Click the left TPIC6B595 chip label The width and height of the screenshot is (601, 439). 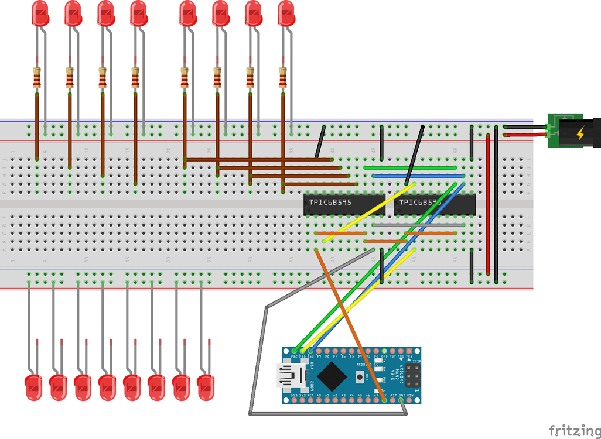(330, 203)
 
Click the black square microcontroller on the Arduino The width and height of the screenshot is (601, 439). (332, 375)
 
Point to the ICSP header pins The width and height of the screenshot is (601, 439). (413, 375)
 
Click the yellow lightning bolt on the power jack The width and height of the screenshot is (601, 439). (580, 133)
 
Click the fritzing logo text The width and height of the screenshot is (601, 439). (574, 431)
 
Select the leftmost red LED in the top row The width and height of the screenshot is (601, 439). (40, 14)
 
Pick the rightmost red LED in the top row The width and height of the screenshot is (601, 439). (286, 14)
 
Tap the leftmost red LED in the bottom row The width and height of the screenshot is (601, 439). (33, 387)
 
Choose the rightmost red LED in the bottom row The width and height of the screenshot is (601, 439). (206, 387)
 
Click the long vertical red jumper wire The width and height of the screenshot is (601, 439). (488, 205)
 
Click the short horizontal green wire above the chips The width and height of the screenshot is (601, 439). (410, 168)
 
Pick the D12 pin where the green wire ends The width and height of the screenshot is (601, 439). (294, 351)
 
